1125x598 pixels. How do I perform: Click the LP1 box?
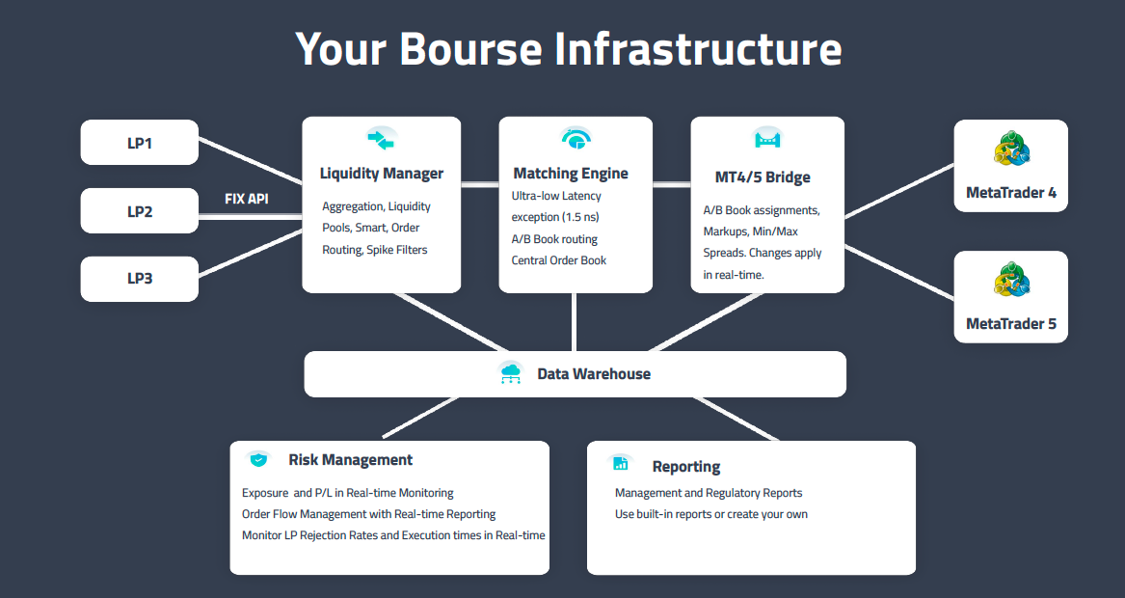pyautogui.click(x=140, y=143)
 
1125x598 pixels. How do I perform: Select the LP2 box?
pyautogui.click(x=140, y=211)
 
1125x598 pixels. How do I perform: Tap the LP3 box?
pyautogui.click(x=140, y=279)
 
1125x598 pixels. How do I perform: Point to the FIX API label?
pyautogui.click(x=247, y=199)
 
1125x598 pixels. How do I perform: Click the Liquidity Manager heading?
pyautogui.click(x=382, y=174)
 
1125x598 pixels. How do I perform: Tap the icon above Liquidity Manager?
pyautogui.click(x=382, y=139)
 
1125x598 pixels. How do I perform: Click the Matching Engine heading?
pyautogui.click(x=571, y=174)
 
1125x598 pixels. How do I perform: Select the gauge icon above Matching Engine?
pyautogui.click(x=576, y=139)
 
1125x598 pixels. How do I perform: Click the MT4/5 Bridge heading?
pyautogui.click(x=763, y=177)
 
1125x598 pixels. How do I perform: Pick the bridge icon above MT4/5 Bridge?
pyautogui.click(x=767, y=139)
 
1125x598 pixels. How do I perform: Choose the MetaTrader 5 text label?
pyautogui.click(x=1011, y=324)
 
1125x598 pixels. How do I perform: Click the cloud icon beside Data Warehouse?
pyautogui.click(x=510, y=373)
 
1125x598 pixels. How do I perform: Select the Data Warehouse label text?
pyautogui.click(x=594, y=374)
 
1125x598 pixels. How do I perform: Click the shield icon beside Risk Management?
pyautogui.click(x=258, y=459)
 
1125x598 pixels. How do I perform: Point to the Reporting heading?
pyautogui.click(x=686, y=467)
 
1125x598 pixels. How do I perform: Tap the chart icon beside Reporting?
pyautogui.click(x=621, y=464)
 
